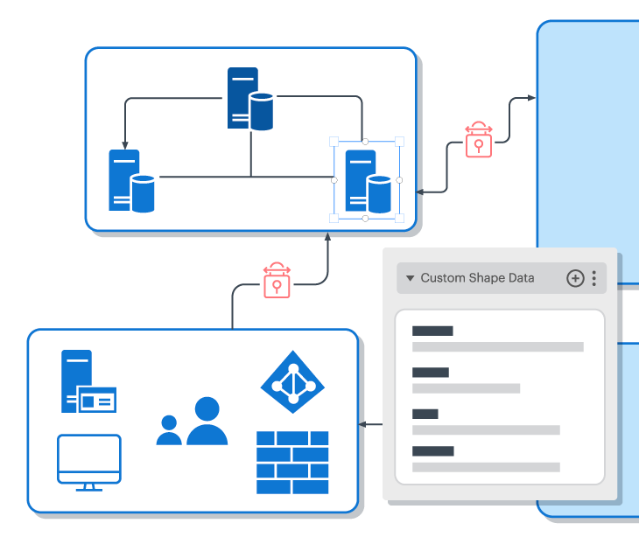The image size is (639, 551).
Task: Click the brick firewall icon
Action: [x=292, y=462]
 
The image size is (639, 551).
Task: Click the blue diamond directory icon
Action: [x=292, y=382]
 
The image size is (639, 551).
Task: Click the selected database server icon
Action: [x=367, y=181]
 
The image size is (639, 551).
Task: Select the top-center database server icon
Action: [x=249, y=99]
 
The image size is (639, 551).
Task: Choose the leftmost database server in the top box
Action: [x=131, y=181]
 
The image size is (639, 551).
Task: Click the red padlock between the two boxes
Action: [x=277, y=281]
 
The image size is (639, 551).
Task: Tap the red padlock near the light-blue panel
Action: [x=478, y=140]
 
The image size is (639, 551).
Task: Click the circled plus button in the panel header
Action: [x=575, y=278]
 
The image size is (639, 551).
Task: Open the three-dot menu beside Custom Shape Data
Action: [x=594, y=278]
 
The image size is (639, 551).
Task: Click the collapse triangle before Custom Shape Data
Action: [x=410, y=278]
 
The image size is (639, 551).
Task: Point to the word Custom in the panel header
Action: [x=443, y=278]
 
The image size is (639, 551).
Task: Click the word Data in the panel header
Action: [x=522, y=278]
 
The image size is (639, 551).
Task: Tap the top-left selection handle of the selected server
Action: [x=334, y=141]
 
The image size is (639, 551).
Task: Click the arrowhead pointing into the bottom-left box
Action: [x=362, y=425]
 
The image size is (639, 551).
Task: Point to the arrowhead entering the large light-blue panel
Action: [x=531, y=98]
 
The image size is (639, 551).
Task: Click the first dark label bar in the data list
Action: [x=432, y=331]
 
